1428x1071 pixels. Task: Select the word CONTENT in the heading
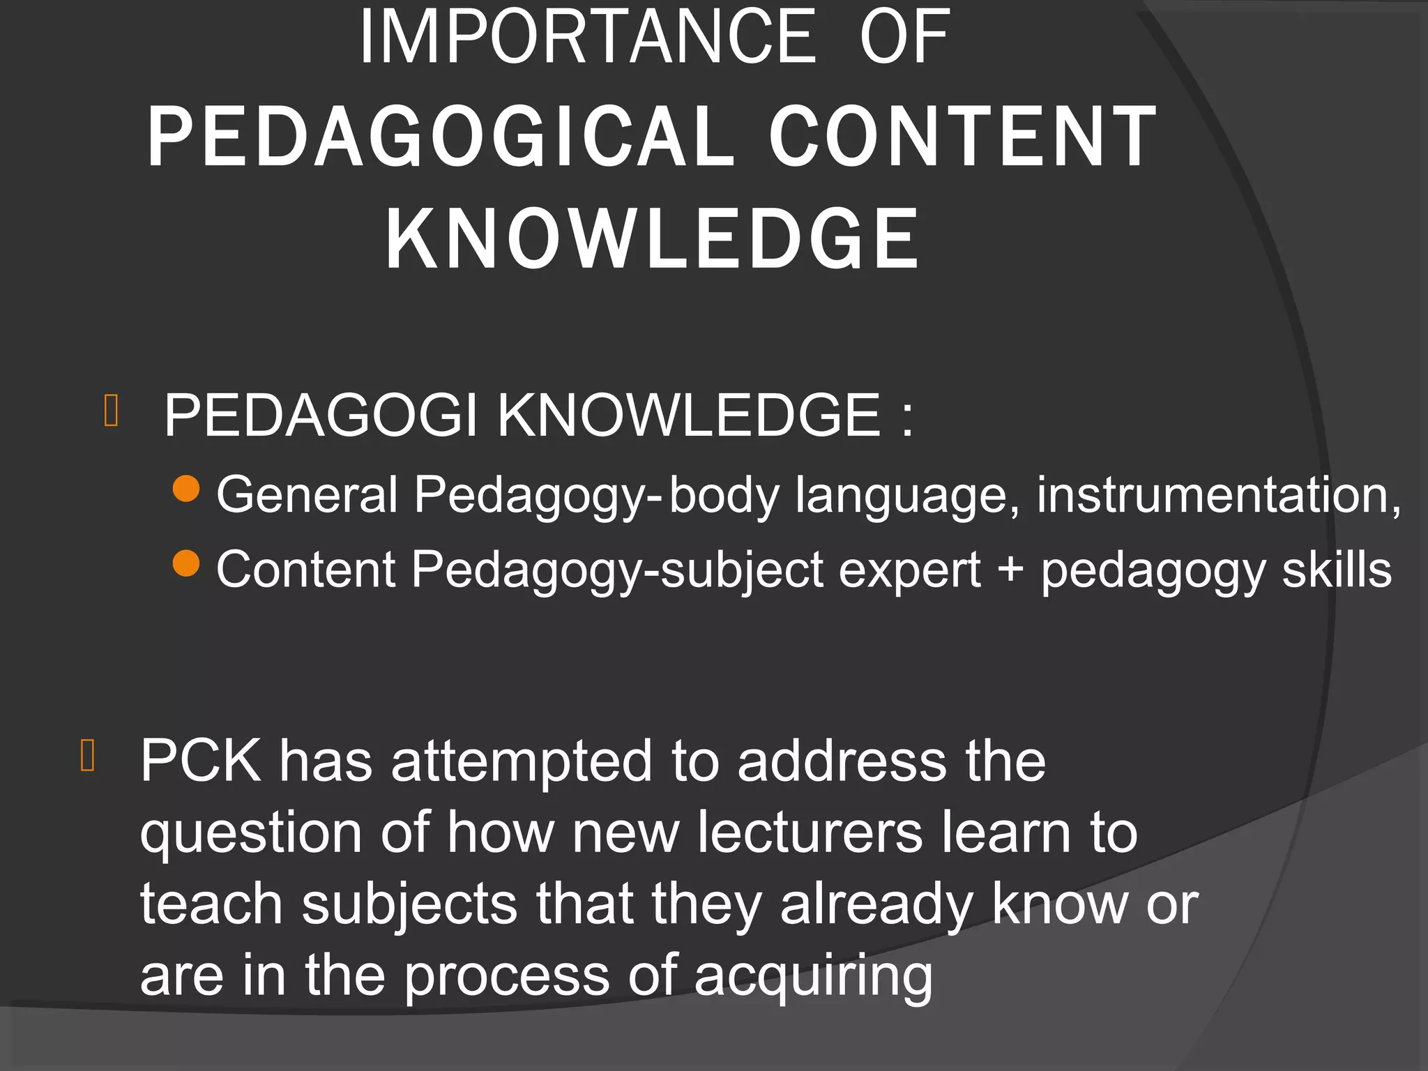[x=963, y=137]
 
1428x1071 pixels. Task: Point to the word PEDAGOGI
[x=321, y=416]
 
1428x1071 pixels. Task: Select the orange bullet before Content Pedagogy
[x=186, y=563]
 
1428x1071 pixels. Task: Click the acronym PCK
[x=200, y=761]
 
